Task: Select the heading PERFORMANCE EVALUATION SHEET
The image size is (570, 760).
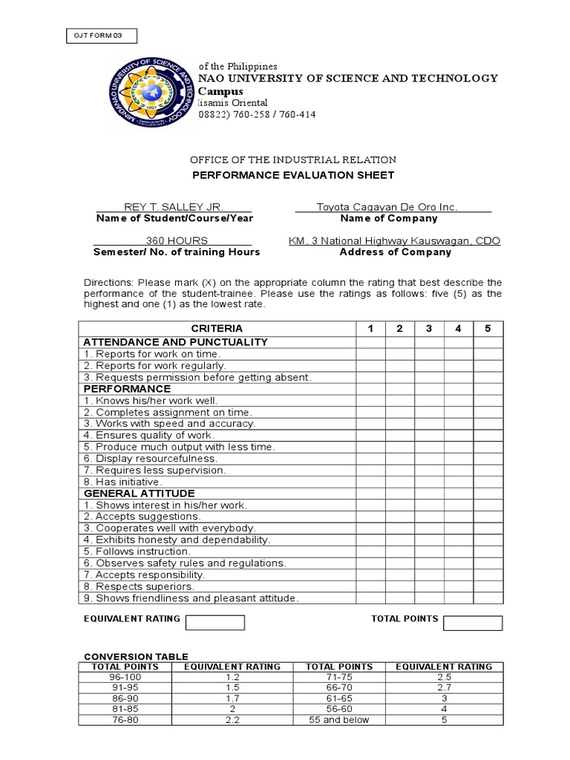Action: (x=293, y=175)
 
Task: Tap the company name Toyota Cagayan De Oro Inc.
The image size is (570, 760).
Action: (x=387, y=207)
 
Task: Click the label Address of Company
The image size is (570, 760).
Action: (x=395, y=252)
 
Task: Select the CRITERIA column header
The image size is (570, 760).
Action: (x=217, y=329)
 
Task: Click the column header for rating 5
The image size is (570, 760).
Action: (x=488, y=329)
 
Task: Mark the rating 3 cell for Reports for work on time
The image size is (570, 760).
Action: (x=429, y=354)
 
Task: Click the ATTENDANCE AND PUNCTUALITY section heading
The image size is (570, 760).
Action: (x=175, y=342)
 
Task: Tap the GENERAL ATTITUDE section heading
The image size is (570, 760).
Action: (x=140, y=494)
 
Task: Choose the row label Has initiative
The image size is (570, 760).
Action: (x=122, y=482)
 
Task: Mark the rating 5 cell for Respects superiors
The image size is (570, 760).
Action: (x=488, y=586)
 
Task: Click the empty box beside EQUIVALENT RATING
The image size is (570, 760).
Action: (x=214, y=622)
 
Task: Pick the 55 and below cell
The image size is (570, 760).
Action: (x=339, y=720)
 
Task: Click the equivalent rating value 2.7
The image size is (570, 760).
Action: (x=443, y=688)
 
